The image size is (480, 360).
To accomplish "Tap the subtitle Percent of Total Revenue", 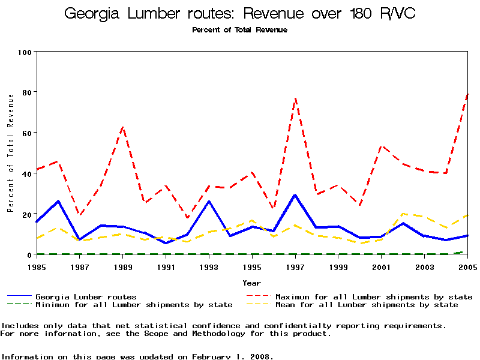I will (239, 30).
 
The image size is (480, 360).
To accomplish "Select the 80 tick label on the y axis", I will (26, 92).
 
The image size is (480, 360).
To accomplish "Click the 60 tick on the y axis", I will (26, 133).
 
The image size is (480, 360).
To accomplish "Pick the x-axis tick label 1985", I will (37, 266).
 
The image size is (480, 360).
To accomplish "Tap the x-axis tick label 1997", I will (295, 266).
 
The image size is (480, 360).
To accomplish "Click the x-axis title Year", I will (252, 283).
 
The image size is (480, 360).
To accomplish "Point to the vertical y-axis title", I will (10, 153).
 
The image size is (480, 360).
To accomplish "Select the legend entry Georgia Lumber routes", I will (86, 297).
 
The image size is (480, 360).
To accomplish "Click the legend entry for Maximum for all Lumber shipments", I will (373, 297).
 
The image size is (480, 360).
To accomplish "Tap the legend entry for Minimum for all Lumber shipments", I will (134, 305).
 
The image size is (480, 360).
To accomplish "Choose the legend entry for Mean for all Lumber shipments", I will (366, 305).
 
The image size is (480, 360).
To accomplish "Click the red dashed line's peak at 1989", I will (123, 127).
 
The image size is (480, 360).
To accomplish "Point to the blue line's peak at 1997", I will (295, 195).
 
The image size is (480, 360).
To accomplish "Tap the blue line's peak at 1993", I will (209, 202).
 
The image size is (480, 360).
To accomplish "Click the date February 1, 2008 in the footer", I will (232, 356).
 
